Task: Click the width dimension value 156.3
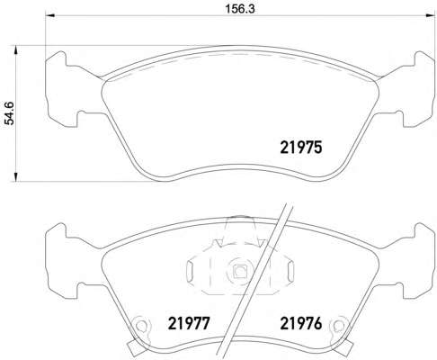coord(240,9)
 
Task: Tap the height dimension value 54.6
coord(10,113)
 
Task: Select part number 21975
coord(301,148)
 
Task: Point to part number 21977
coord(189,323)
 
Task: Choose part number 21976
coord(301,323)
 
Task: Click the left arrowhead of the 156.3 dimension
coord(49,15)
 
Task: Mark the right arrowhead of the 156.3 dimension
coord(430,15)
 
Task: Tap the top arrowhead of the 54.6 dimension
coord(16,50)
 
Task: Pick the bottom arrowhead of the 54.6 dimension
coord(16,176)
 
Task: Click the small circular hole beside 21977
coord(140,326)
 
